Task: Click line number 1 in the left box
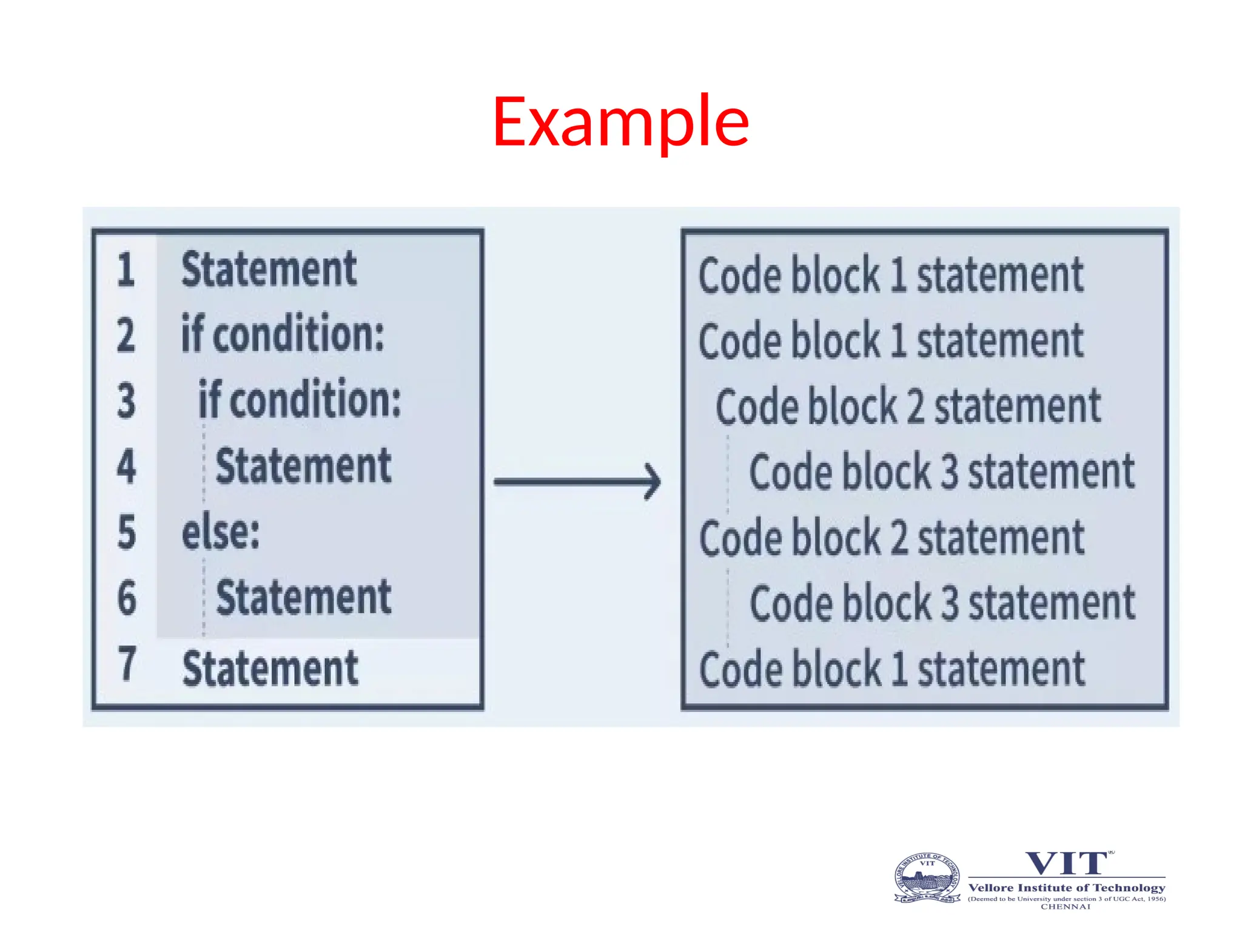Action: [x=126, y=269]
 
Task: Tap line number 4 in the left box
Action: [x=126, y=466]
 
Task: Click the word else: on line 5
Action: [x=221, y=533]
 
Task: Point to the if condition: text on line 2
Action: [x=283, y=334]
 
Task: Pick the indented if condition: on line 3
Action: [x=300, y=399]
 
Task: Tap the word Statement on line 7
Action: [x=270, y=668]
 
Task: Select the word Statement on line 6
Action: [x=303, y=598]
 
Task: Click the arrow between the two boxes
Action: [x=577, y=482]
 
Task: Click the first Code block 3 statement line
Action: [x=941, y=471]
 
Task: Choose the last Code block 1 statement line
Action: [x=891, y=669]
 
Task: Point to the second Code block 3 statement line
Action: [x=942, y=603]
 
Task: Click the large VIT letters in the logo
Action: [x=1066, y=863]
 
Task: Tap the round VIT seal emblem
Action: [x=927, y=877]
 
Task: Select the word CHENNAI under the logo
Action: [x=1066, y=907]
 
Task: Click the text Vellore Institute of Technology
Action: [x=1067, y=888]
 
